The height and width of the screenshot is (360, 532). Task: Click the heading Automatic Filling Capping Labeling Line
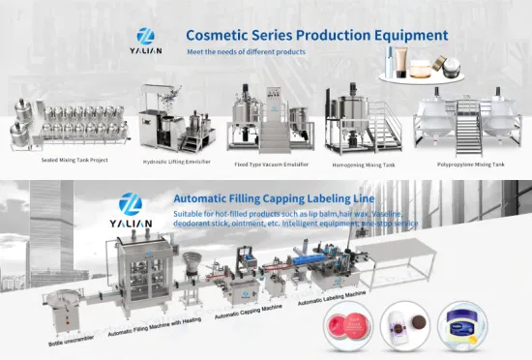(260, 199)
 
